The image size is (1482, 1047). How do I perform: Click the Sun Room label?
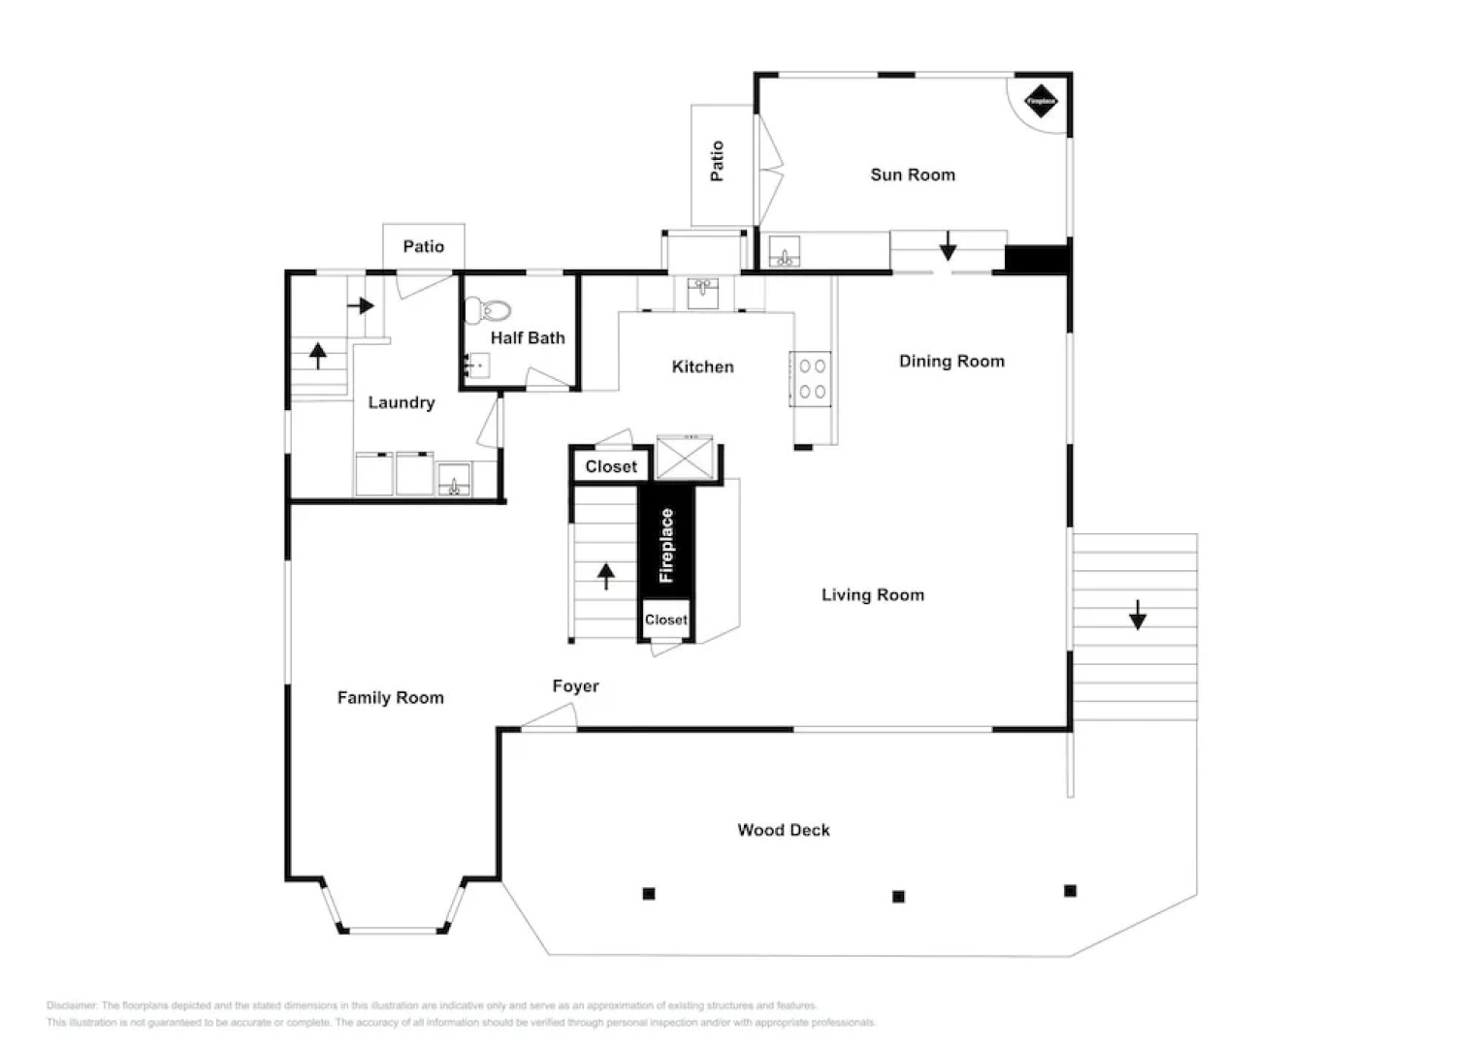pyautogui.click(x=912, y=174)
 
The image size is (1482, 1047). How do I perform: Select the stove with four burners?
pyautogui.click(x=812, y=379)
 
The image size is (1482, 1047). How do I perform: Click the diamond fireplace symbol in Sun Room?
pyautogui.click(x=1041, y=101)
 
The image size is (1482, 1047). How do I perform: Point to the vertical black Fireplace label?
pyautogui.click(x=666, y=545)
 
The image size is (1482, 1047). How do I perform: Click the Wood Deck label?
pyautogui.click(x=783, y=830)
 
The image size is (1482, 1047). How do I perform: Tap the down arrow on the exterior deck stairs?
pyautogui.click(x=1137, y=615)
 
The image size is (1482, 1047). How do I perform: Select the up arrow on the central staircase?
pyautogui.click(x=606, y=576)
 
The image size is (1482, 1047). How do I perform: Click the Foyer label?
pyautogui.click(x=575, y=686)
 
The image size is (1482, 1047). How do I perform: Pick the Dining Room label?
pyautogui.click(x=950, y=361)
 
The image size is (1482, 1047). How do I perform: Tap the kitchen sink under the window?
pyautogui.click(x=703, y=292)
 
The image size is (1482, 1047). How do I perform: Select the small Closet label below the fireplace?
pyautogui.click(x=665, y=619)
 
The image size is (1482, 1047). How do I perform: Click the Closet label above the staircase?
pyautogui.click(x=611, y=466)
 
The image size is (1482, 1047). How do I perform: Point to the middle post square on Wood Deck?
pyautogui.click(x=898, y=897)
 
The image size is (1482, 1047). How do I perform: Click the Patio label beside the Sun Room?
pyautogui.click(x=718, y=161)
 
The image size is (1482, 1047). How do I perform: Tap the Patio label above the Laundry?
pyautogui.click(x=423, y=246)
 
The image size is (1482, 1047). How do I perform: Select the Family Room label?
pyautogui.click(x=390, y=697)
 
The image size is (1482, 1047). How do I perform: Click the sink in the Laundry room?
pyautogui.click(x=454, y=480)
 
